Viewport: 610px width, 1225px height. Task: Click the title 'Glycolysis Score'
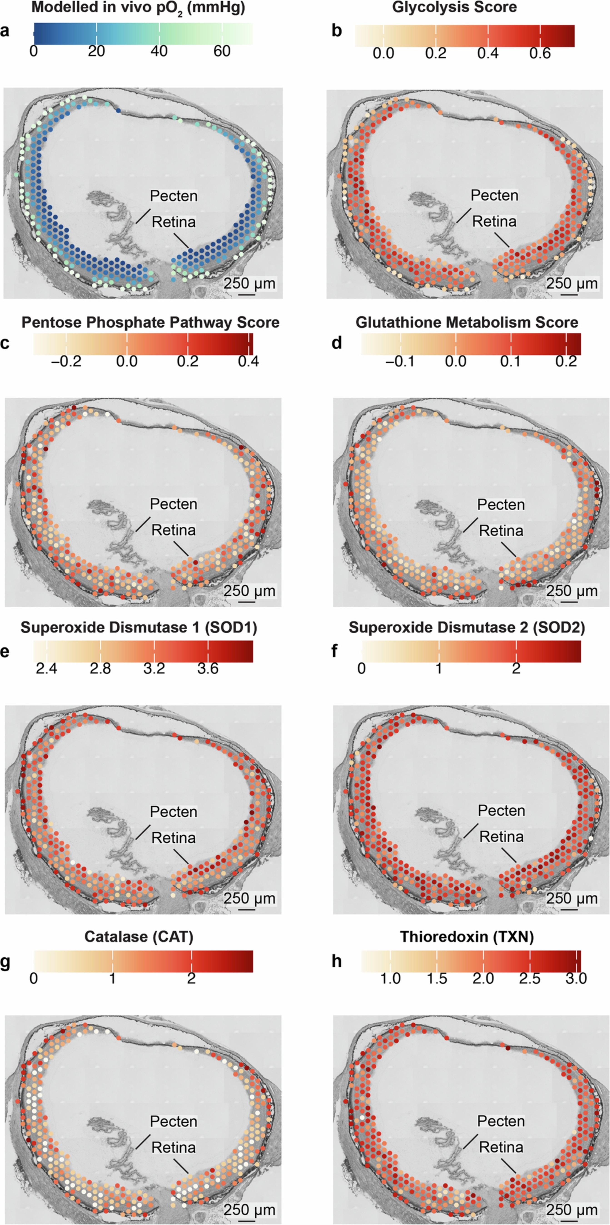point(454,7)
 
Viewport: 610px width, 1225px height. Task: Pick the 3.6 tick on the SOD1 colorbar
point(208,669)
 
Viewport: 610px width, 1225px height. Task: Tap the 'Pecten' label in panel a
point(174,196)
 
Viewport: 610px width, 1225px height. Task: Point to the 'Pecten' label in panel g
point(174,1121)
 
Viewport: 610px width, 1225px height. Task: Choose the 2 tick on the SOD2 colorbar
point(516,669)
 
